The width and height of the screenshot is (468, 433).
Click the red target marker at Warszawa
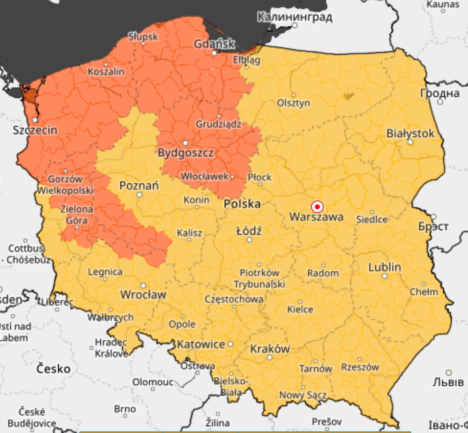click(x=317, y=207)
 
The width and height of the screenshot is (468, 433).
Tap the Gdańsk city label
click(x=214, y=43)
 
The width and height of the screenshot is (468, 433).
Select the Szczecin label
click(x=35, y=130)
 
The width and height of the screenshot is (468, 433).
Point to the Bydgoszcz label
click(x=186, y=153)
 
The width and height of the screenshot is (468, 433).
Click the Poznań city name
click(x=139, y=186)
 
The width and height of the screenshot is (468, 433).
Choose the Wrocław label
click(x=143, y=295)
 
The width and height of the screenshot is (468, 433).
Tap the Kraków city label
click(x=270, y=348)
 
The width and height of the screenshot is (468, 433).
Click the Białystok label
click(x=410, y=133)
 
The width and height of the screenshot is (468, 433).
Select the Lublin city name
click(x=385, y=267)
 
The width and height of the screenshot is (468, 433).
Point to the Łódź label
click(x=249, y=231)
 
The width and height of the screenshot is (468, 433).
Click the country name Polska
click(x=242, y=204)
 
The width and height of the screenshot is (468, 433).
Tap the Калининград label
click(x=295, y=17)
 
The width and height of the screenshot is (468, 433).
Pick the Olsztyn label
click(x=293, y=103)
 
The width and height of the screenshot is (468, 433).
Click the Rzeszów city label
click(x=360, y=367)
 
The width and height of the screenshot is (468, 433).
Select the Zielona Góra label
click(x=77, y=214)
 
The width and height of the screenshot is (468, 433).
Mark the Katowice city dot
click(x=230, y=344)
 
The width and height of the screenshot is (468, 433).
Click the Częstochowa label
click(x=234, y=299)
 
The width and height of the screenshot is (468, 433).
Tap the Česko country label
click(x=53, y=368)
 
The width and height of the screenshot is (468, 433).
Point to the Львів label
click(x=448, y=381)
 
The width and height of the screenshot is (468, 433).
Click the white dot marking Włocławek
click(x=232, y=176)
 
